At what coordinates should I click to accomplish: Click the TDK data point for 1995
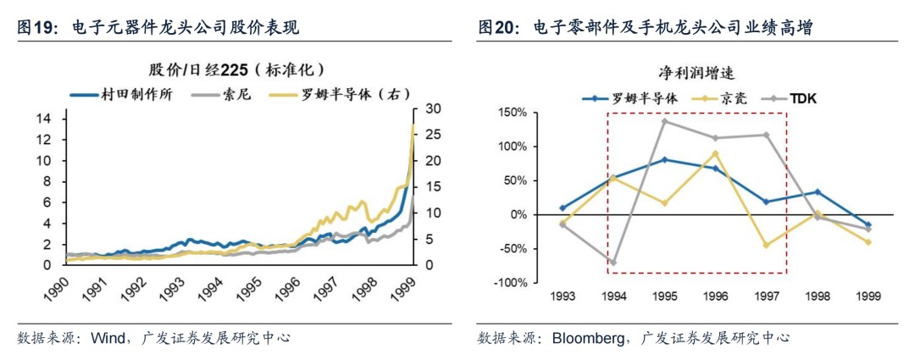tap(664, 121)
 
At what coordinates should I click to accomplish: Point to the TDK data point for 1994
tap(613, 263)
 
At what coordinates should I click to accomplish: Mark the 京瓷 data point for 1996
tap(715, 153)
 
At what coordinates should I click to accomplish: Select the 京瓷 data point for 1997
tap(766, 245)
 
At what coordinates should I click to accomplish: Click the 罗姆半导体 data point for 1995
tap(664, 159)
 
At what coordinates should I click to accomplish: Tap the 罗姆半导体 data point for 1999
tap(868, 224)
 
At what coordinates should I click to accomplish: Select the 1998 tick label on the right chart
tap(817, 296)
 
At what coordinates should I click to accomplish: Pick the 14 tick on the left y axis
tap(47, 118)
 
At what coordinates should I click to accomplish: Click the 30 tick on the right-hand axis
tap(431, 108)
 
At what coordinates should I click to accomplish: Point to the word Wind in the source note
tap(108, 338)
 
